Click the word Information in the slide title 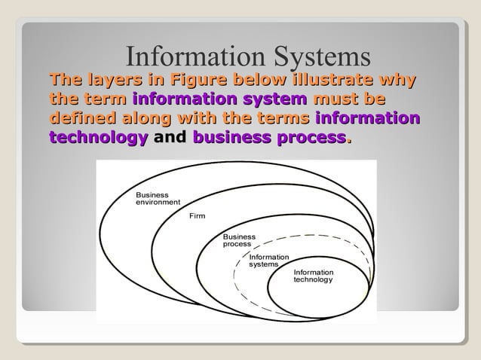[x=188, y=57]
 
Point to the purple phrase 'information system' [x=219, y=99]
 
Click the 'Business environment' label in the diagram [x=158, y=198]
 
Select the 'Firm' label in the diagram [x=197, y=216]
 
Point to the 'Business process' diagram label [x=239, y=240]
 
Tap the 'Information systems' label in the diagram [x=264, y=261]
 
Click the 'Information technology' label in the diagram [x=313, y=276]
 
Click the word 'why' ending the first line [x=400, y=79]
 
